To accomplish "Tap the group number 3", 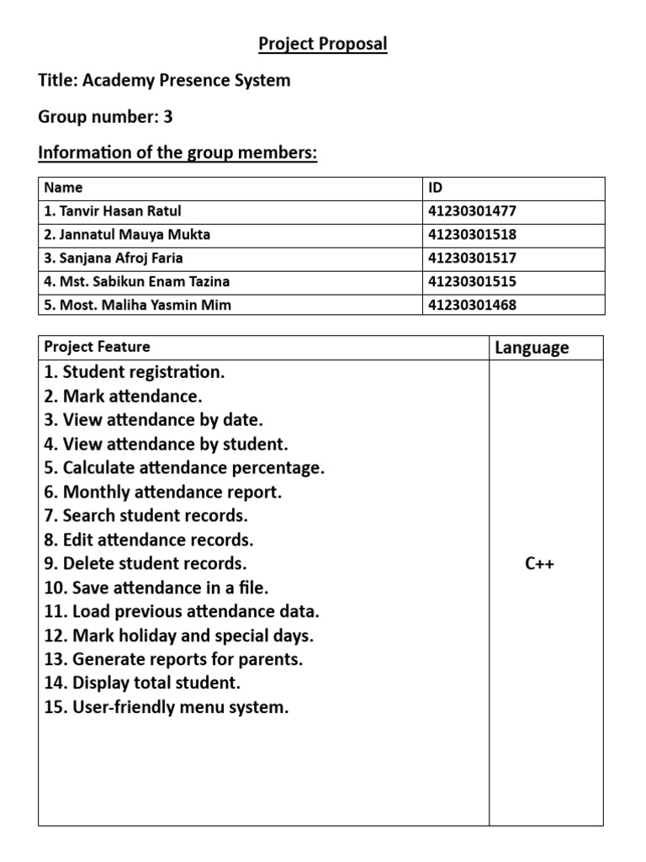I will [x=168, y=117].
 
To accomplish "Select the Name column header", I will [x=63, y=188].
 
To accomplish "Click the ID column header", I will [x=437, y=188].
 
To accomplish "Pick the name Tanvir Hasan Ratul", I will [x=113, y=211].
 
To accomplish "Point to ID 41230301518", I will [x=472, y=235].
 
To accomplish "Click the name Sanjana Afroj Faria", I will [x=114, y=258].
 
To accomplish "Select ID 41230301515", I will [x=472, y=282].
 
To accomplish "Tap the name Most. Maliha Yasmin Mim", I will [x=137, y=305].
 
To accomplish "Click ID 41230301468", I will [x=472, y=305].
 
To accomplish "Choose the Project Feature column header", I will [x=97, y=347].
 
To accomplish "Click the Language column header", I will [x=532, y=348].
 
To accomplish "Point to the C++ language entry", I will [x=539, y=564].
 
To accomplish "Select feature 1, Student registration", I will [x=135, y=372].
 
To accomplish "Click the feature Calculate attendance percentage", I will [x=184, y=468].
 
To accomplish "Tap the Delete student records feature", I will [x=146, y=564].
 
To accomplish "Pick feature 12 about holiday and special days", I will [x=178, y=636].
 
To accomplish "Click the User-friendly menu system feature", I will [x=166, y=707].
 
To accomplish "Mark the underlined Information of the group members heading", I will [x=177, y=154].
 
